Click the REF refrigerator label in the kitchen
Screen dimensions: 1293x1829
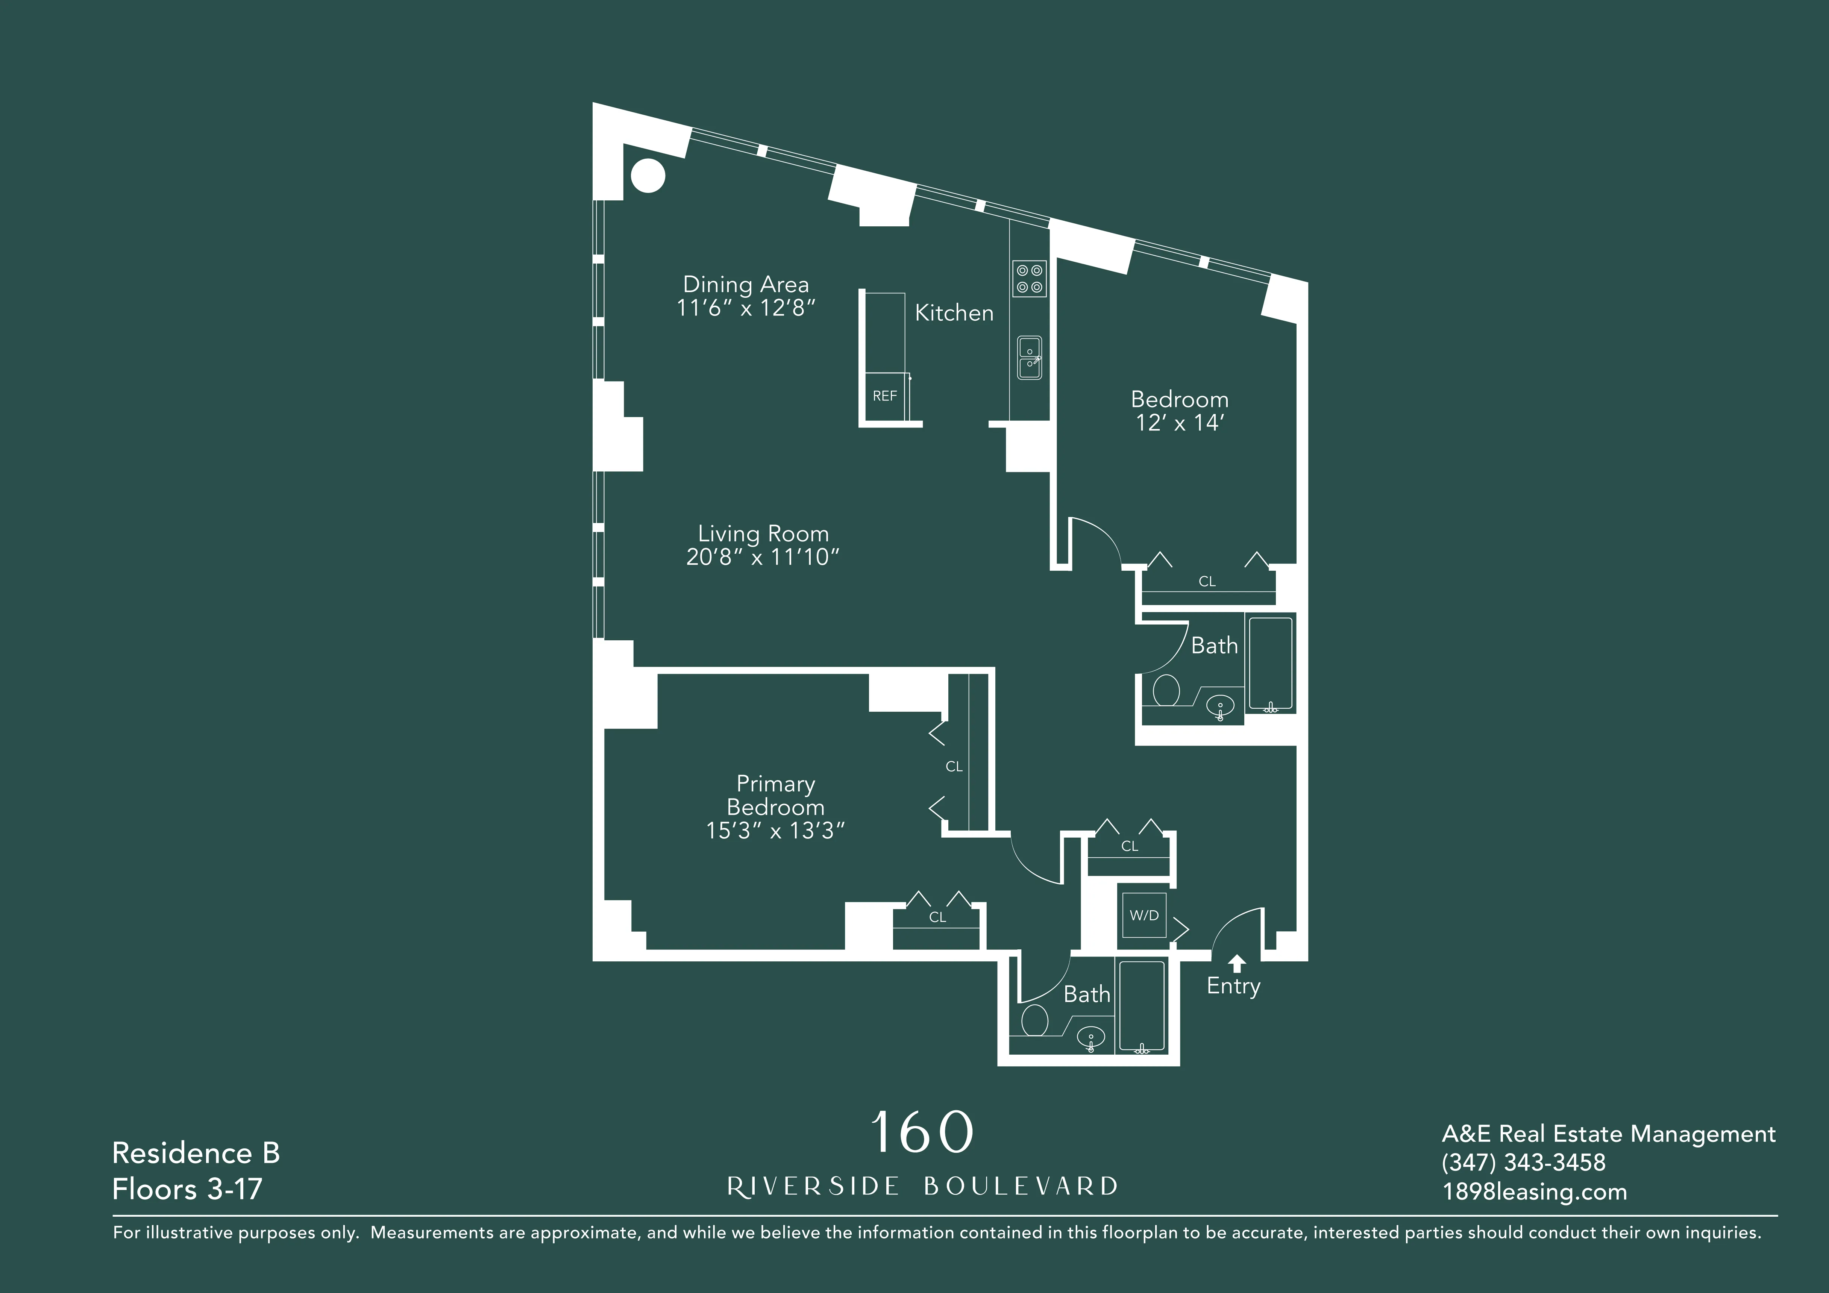tap(884, 396)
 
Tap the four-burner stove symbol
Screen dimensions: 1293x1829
tap(1028, 279)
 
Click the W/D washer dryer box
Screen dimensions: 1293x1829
tap(1144, 916)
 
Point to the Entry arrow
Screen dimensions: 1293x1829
tap(1236, 964)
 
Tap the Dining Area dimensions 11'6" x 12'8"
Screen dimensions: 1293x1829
tap(746, 308)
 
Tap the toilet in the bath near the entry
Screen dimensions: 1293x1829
tap(1035, 1020)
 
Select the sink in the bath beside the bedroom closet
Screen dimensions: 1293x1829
tap(1219, 705)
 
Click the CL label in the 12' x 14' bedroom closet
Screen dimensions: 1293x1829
tap(1207, 582)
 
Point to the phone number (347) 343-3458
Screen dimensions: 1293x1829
tap(1523, 1162)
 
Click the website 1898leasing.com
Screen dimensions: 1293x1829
tap(1534, 1192)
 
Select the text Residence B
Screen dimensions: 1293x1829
tap(196, 1153)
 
